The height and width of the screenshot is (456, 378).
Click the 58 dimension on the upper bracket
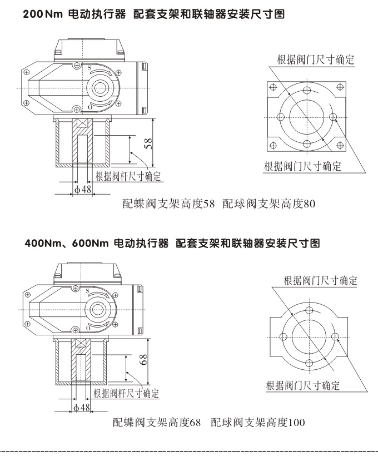148,144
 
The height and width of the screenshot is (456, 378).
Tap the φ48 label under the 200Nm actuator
82,190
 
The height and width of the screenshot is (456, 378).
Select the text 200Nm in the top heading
41,17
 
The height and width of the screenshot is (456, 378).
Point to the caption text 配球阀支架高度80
269,204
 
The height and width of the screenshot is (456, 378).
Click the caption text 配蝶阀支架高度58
168,204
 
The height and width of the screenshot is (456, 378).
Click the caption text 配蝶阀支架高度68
156,423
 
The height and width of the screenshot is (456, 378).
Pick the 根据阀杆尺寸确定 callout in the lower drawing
126,394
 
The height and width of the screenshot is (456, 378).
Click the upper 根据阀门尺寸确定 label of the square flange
316,60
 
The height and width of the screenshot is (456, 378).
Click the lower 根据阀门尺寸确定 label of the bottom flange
302,385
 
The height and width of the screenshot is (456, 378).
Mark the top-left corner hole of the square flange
273,87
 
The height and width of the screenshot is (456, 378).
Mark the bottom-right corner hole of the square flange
339,145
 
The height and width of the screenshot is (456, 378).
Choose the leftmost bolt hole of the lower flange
283,335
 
